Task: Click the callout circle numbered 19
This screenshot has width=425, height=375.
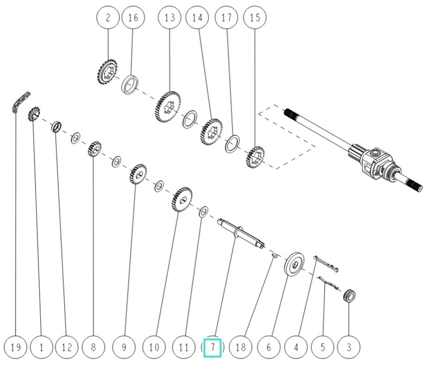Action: point(16,347)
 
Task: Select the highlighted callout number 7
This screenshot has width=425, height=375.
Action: point(212,347)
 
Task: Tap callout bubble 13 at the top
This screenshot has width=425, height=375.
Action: point(169,18)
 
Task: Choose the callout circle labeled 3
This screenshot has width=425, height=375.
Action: point(349,347)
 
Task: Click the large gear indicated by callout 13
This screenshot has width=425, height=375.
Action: point(168,107)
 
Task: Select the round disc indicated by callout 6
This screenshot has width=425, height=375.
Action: point(297,265)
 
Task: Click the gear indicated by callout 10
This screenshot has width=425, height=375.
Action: point(183,200)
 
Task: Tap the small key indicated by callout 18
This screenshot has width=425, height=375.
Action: point(274,255)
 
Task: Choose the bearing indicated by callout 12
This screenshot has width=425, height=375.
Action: point(57,126)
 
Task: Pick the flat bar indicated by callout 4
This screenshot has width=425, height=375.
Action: point(326,262)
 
